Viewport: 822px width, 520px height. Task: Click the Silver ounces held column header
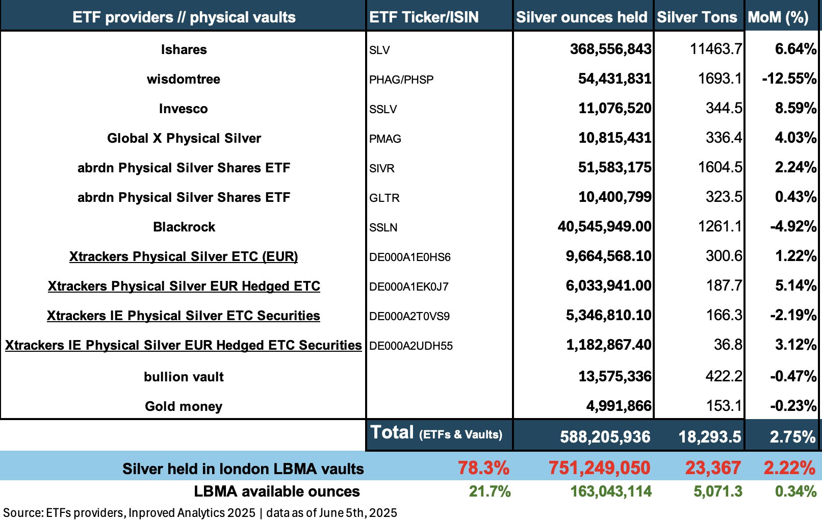point(581,17)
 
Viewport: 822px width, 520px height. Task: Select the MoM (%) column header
point(778,17)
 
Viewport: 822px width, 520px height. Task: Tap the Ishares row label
point(184,49)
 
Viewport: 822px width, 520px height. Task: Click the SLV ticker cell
point(379,50)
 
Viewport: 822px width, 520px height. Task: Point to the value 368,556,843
point(610,49)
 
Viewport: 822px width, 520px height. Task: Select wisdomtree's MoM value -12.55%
point(789,79)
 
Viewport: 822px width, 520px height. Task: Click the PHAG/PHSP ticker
point(401,80)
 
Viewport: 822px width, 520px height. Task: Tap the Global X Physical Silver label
point(184,138)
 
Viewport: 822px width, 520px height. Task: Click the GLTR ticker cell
point(384,198)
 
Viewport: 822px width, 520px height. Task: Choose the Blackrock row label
point(184,227)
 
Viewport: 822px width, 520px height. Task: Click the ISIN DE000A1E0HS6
point(410,257)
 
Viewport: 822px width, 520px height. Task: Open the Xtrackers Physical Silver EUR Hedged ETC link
point(184,286)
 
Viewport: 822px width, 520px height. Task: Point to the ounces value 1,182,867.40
point(608,345)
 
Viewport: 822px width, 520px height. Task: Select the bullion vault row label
point(184,377)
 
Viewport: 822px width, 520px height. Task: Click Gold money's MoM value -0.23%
point(793,406)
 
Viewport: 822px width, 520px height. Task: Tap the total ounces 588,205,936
point(605,436)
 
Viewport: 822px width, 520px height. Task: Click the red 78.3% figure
point(483,467)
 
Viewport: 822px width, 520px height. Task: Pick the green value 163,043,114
point(610,491)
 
